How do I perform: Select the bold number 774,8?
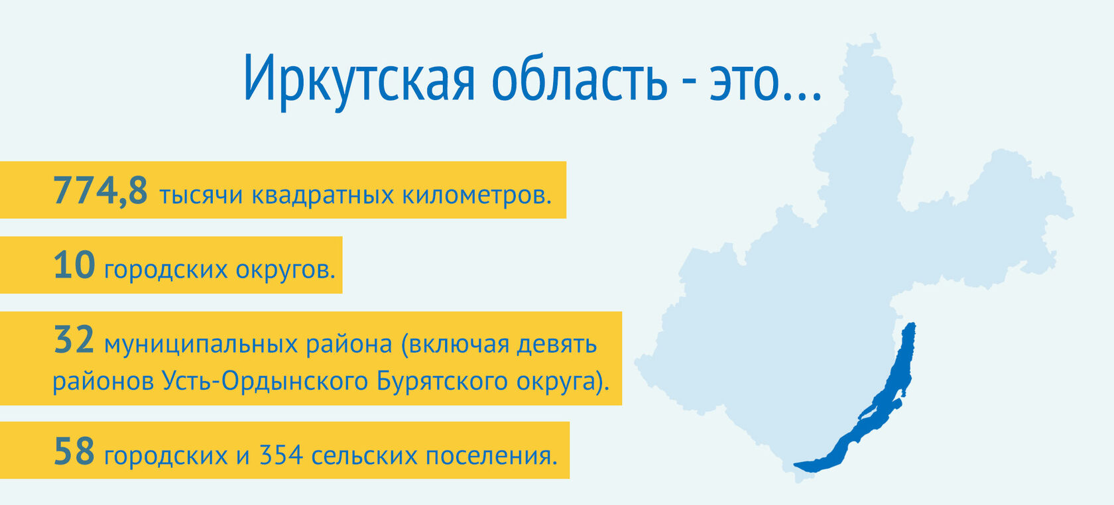[x=101, y=190]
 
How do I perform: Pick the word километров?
[x=477, y=195]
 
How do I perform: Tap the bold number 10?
[x=74, y=265]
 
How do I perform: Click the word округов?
[x=285, y=270]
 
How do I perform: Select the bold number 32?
[x=74, y=339]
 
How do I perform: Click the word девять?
[x=556, y=345]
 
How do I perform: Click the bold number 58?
[x=74, y=451]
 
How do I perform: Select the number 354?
[x=281, y=455]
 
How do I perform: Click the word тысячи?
[x=201, y=195]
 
